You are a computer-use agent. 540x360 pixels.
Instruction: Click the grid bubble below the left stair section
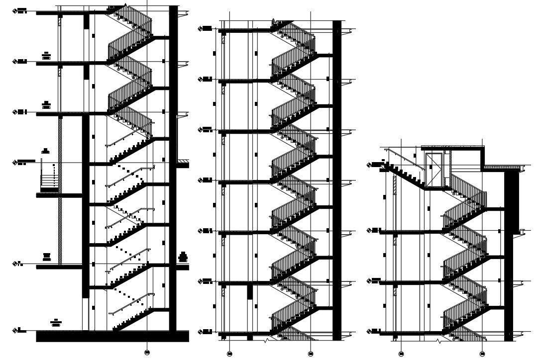147,353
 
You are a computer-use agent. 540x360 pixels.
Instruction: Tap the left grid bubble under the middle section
229,354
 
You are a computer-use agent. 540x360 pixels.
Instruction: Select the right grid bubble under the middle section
311,354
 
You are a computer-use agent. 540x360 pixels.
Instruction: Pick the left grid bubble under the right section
401,354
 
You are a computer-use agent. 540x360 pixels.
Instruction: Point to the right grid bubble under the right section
482,354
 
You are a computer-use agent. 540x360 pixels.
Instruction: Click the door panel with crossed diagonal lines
434,170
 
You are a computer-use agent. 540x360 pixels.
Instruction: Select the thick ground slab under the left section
112,337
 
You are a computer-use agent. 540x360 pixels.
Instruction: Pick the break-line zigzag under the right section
439,341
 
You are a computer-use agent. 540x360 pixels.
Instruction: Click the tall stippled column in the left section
60,189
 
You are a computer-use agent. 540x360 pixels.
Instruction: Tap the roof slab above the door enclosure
452,148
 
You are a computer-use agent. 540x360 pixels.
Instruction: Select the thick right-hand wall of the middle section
337,179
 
